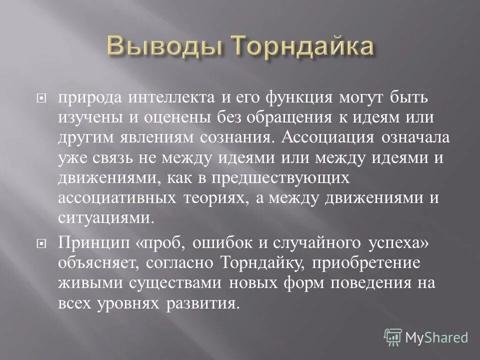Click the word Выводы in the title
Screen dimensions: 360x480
[x=165, y=49]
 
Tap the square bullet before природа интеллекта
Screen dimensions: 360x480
[x=42, y=99]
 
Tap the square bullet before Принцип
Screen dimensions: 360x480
[x=42, y=243]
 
